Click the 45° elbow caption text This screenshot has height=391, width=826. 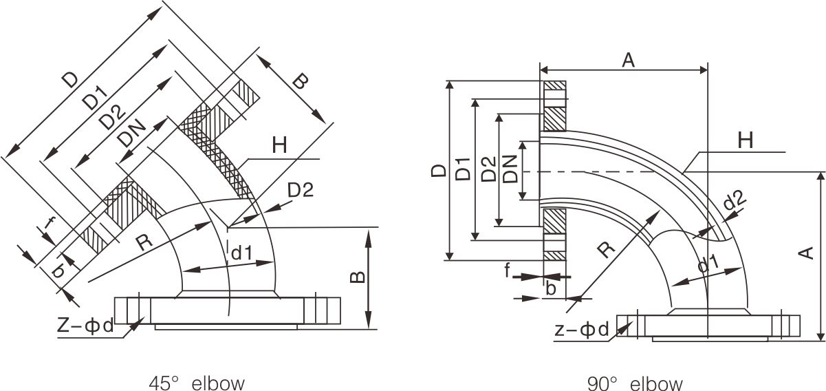(196, 382)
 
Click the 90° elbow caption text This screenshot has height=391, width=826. (635, 382)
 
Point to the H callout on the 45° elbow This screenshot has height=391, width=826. (279, 146)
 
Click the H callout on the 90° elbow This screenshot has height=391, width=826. (746, 140)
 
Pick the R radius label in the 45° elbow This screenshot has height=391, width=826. (143, 242)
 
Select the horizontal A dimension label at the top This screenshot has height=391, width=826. (628, 60)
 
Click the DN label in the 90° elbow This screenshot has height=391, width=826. (510, 169)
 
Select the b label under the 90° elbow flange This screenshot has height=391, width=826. (550, 288)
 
